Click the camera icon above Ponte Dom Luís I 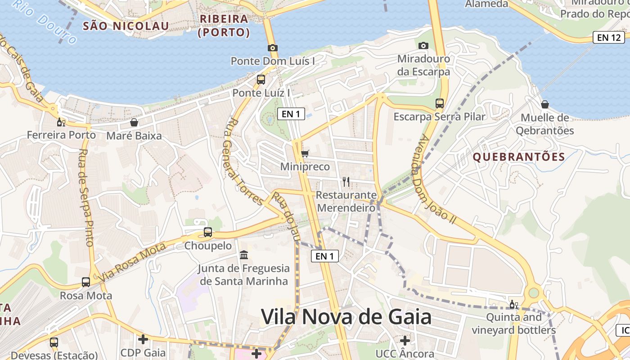(272, 48)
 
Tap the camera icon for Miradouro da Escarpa (423, 45)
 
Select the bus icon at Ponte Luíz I (261, 80)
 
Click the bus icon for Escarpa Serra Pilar (440, 103)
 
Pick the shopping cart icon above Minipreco (305, 154)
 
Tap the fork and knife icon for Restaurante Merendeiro (346, 182)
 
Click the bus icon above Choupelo (208, 232)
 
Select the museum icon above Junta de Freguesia (244, 255)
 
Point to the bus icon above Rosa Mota (86, 282)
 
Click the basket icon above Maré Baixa (134, 122)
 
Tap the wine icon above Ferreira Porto (61, 122)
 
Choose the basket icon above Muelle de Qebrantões (545, 104)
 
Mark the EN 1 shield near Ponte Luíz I (291, 114)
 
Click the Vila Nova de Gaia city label (346, 317)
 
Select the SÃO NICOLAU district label (126, 26)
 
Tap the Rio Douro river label (45, 20)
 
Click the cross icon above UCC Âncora (405, 340)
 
